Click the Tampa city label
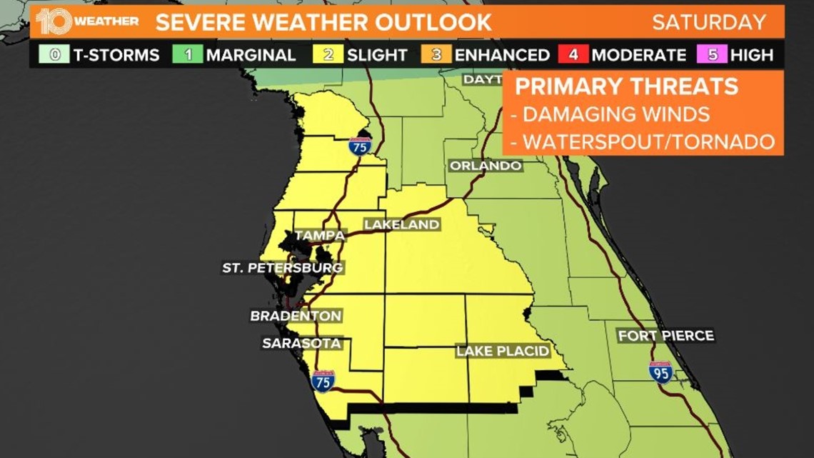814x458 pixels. pos(320,235)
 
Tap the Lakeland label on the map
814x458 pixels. pos(401,224)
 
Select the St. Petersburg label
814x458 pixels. pos(283,268)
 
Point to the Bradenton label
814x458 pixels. pos(296,316)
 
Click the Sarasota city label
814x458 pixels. pos(301,343)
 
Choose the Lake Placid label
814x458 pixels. pos(503,351)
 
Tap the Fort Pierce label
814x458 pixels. pos(665,336)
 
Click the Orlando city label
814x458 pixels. pos(486,166)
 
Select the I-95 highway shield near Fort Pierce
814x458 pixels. pos(660,372)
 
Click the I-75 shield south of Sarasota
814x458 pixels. pos(323,380)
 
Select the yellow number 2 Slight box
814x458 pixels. pos(329,54)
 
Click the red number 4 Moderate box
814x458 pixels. pos(576,54)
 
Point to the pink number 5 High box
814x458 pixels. pos(712,54)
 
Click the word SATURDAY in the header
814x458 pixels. pos(708,21)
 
